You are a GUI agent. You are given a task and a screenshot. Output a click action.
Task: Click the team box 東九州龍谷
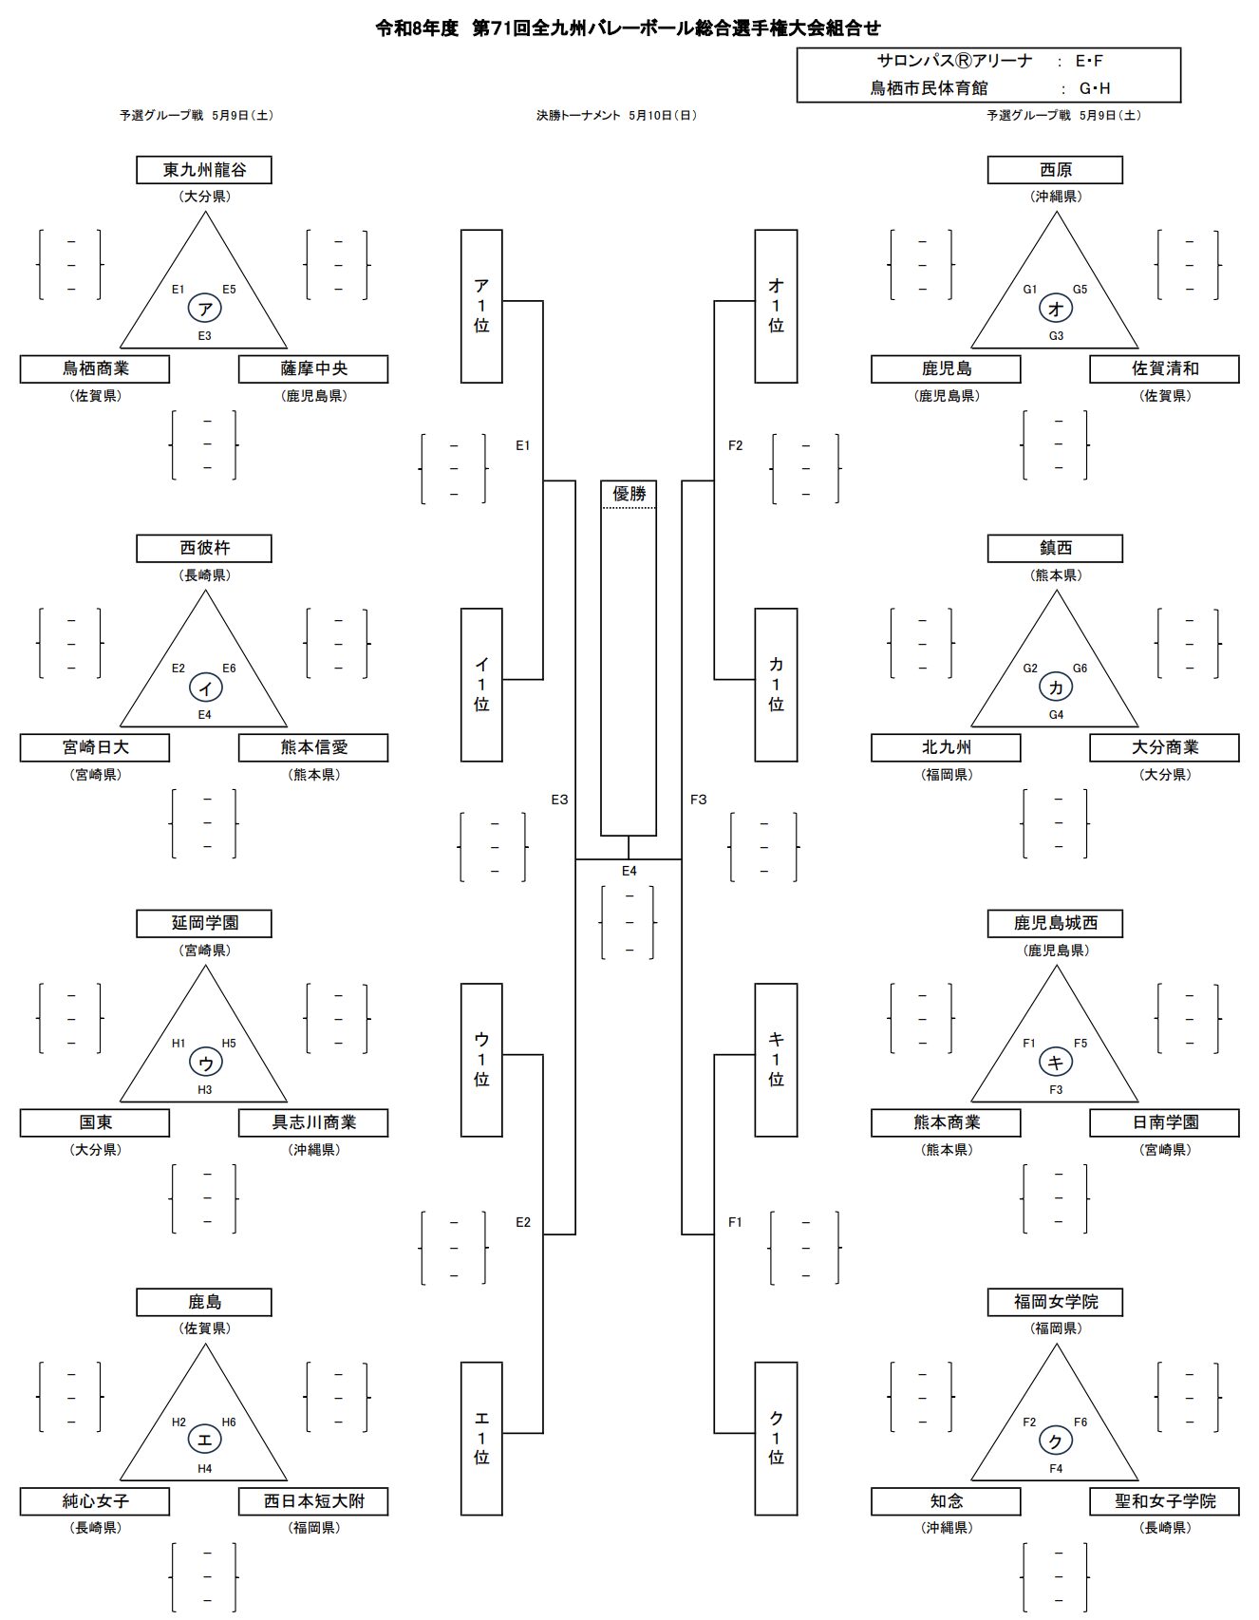(x=204, y=170)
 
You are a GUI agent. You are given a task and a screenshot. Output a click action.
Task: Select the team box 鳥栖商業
(x=95, y=368)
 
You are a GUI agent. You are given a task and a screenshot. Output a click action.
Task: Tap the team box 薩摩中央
(x=313, y=368)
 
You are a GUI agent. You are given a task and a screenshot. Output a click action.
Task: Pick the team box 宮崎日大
(x=95, y=747)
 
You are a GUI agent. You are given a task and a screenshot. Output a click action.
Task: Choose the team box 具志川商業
(x=313, y=1122)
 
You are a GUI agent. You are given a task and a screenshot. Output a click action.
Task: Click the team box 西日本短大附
(x=313, y=1501)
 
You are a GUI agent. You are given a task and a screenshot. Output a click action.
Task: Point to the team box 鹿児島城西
(x=1055, y=923)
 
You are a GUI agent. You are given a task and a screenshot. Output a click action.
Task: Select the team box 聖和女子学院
(x=1164, y=1501)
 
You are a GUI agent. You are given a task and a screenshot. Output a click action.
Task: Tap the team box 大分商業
(x=1164, y=747)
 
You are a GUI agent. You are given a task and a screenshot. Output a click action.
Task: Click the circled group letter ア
(x=205, y=308)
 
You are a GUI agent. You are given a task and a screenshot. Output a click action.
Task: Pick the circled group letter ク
(x=1056, y=1441)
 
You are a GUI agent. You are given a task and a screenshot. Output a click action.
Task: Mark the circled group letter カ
(x=1056, y=687)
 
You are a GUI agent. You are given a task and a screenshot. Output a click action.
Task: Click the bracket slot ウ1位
(x=481, y=1060)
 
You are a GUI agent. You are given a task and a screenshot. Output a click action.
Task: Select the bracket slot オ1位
(x=776, y=306)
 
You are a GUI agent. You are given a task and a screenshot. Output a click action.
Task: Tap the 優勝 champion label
(x=629, y=494)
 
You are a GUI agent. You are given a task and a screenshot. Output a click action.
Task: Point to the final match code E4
(x=629, y=871)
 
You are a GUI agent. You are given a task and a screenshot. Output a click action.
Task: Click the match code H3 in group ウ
(x=205, y=1089)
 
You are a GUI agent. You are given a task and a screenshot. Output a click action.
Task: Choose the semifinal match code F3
(x=698, y=800)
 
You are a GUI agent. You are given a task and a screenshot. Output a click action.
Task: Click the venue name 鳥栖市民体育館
(x=929, y=88)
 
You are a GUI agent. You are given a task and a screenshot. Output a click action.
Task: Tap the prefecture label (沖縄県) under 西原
(x=1055, y=197)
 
